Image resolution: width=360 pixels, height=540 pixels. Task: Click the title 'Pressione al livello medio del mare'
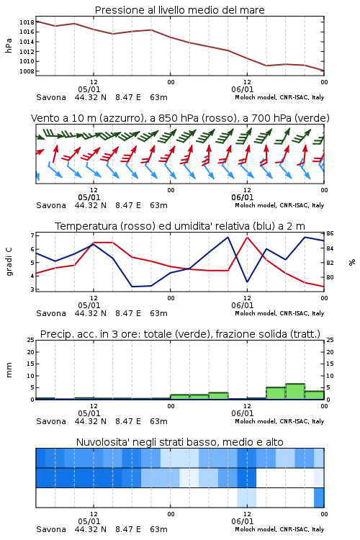tap(179, 10)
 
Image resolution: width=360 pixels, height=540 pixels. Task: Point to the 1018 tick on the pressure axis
tap(27, 22)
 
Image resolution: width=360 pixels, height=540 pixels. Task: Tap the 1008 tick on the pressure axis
tap(27, 71)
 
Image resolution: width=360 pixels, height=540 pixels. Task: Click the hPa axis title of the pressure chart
tap(9, 45)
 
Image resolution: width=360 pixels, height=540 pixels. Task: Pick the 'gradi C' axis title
tap(9, 261)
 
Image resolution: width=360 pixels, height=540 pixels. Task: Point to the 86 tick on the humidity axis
tap(330, 233)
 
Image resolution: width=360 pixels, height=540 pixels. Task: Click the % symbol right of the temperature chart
tap(352, 262)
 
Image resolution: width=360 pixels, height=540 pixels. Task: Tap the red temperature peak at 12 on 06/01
tap(247, 237)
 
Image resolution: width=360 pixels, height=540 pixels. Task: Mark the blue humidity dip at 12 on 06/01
tap(247, 282)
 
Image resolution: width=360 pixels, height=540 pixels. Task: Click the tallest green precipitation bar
tap(295, 391)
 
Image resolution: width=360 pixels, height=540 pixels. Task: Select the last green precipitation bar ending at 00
tap(315, 395)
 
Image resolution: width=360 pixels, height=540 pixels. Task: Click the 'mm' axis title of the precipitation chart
tap(9, 370)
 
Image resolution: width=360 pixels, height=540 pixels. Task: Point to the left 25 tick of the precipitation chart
tap(30, 341)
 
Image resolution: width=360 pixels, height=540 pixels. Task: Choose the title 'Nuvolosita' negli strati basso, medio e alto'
tap(179, 442)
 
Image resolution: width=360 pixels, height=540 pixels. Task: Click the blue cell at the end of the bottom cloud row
tap(319, 498)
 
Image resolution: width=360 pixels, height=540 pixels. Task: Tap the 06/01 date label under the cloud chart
tap(243, 521)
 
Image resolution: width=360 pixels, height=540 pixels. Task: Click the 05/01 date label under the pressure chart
tap(89, 89)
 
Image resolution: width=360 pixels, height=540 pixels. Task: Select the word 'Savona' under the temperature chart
tap(51, 313)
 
